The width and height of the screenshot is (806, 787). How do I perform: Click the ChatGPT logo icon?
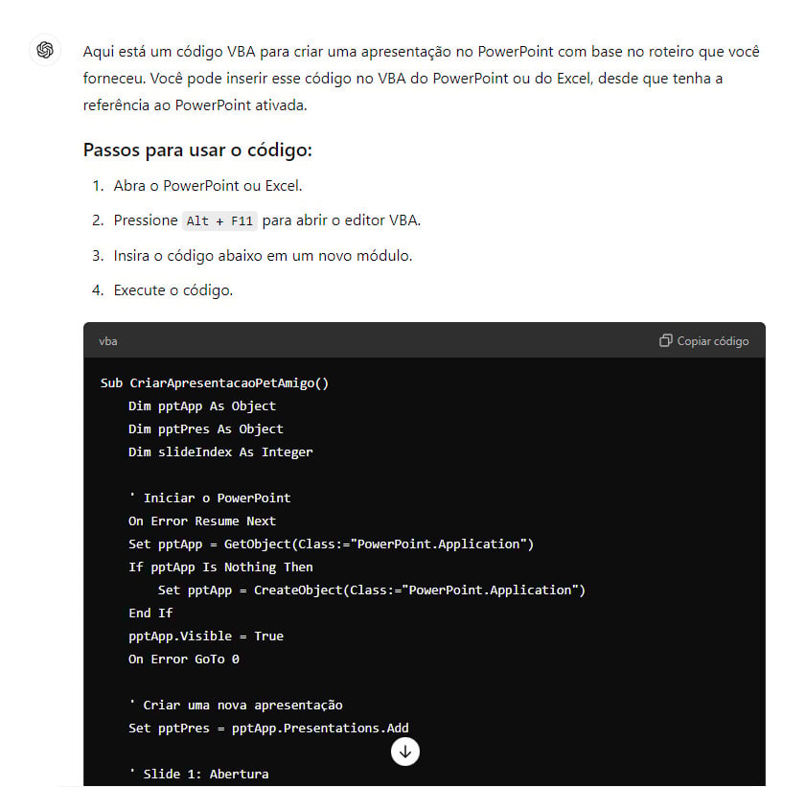tap(44, 51)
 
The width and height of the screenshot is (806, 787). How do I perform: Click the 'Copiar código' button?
tap(704, 341)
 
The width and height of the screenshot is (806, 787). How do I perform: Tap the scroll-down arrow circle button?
tap(405, 752)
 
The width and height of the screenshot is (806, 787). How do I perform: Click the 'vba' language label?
tap(108, 341)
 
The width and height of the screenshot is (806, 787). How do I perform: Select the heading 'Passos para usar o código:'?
tap(198, 150)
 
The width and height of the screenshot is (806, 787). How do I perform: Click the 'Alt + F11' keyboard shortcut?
tap(220, 221)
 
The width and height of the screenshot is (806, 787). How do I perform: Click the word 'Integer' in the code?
tap(287, 452)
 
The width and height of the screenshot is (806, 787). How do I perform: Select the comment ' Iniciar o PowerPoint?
tap(209, 498)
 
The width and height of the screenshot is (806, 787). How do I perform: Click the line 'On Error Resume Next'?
tap(202, 521)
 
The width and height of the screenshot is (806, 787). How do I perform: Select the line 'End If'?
tap(150, 613)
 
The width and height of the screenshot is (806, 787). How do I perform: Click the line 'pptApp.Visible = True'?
tap(206, 637)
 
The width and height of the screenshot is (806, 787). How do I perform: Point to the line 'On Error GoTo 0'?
tap(184, 660)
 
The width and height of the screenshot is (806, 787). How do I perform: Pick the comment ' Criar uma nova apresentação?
tap(236, 706)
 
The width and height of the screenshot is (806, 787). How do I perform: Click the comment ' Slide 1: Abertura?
tap(198, 775)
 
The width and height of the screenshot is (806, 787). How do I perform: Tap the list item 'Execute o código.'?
tap(173, 290)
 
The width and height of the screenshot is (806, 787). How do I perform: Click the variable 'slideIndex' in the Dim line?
tap(195, 452)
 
